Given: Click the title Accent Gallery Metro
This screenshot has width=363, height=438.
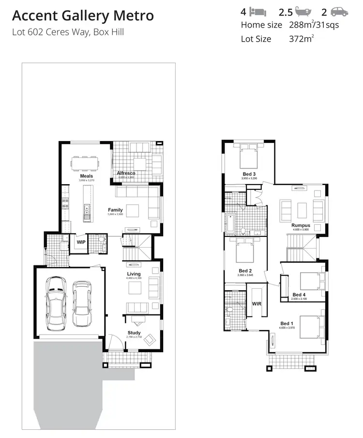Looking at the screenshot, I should pyautogui.click(x=83, y=16).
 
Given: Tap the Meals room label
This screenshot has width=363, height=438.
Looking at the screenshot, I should pyautogui.click(x=86, y=176).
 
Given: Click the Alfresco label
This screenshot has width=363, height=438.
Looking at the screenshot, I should pyautogui.click(x=126, y=173).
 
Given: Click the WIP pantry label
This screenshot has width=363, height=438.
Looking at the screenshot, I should pyautogui.click(x=80, y=242).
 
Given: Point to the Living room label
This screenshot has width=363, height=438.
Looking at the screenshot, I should pyautogui.click(x=134, y=274).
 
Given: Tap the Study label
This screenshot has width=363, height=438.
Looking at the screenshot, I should pyautogui.click(x=134, y=333).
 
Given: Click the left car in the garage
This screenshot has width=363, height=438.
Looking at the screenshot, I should pyautogui.click(x=56, y=303).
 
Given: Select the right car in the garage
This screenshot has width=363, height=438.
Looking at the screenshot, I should pyautogui.click(x=81, y=304).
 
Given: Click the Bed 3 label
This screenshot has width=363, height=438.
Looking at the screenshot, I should pyautogui.click(x=249, y=174).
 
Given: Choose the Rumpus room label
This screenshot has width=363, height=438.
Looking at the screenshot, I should pyautogui.click(x=301, y=226).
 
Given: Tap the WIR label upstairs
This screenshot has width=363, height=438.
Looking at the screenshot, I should pyautogui.click(x=257, y=304).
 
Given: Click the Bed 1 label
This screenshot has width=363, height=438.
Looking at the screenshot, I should pyautogui.click(x=287, y=324).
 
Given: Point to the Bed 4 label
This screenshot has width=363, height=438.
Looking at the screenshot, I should pyautogui.click(x=299, y=295).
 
